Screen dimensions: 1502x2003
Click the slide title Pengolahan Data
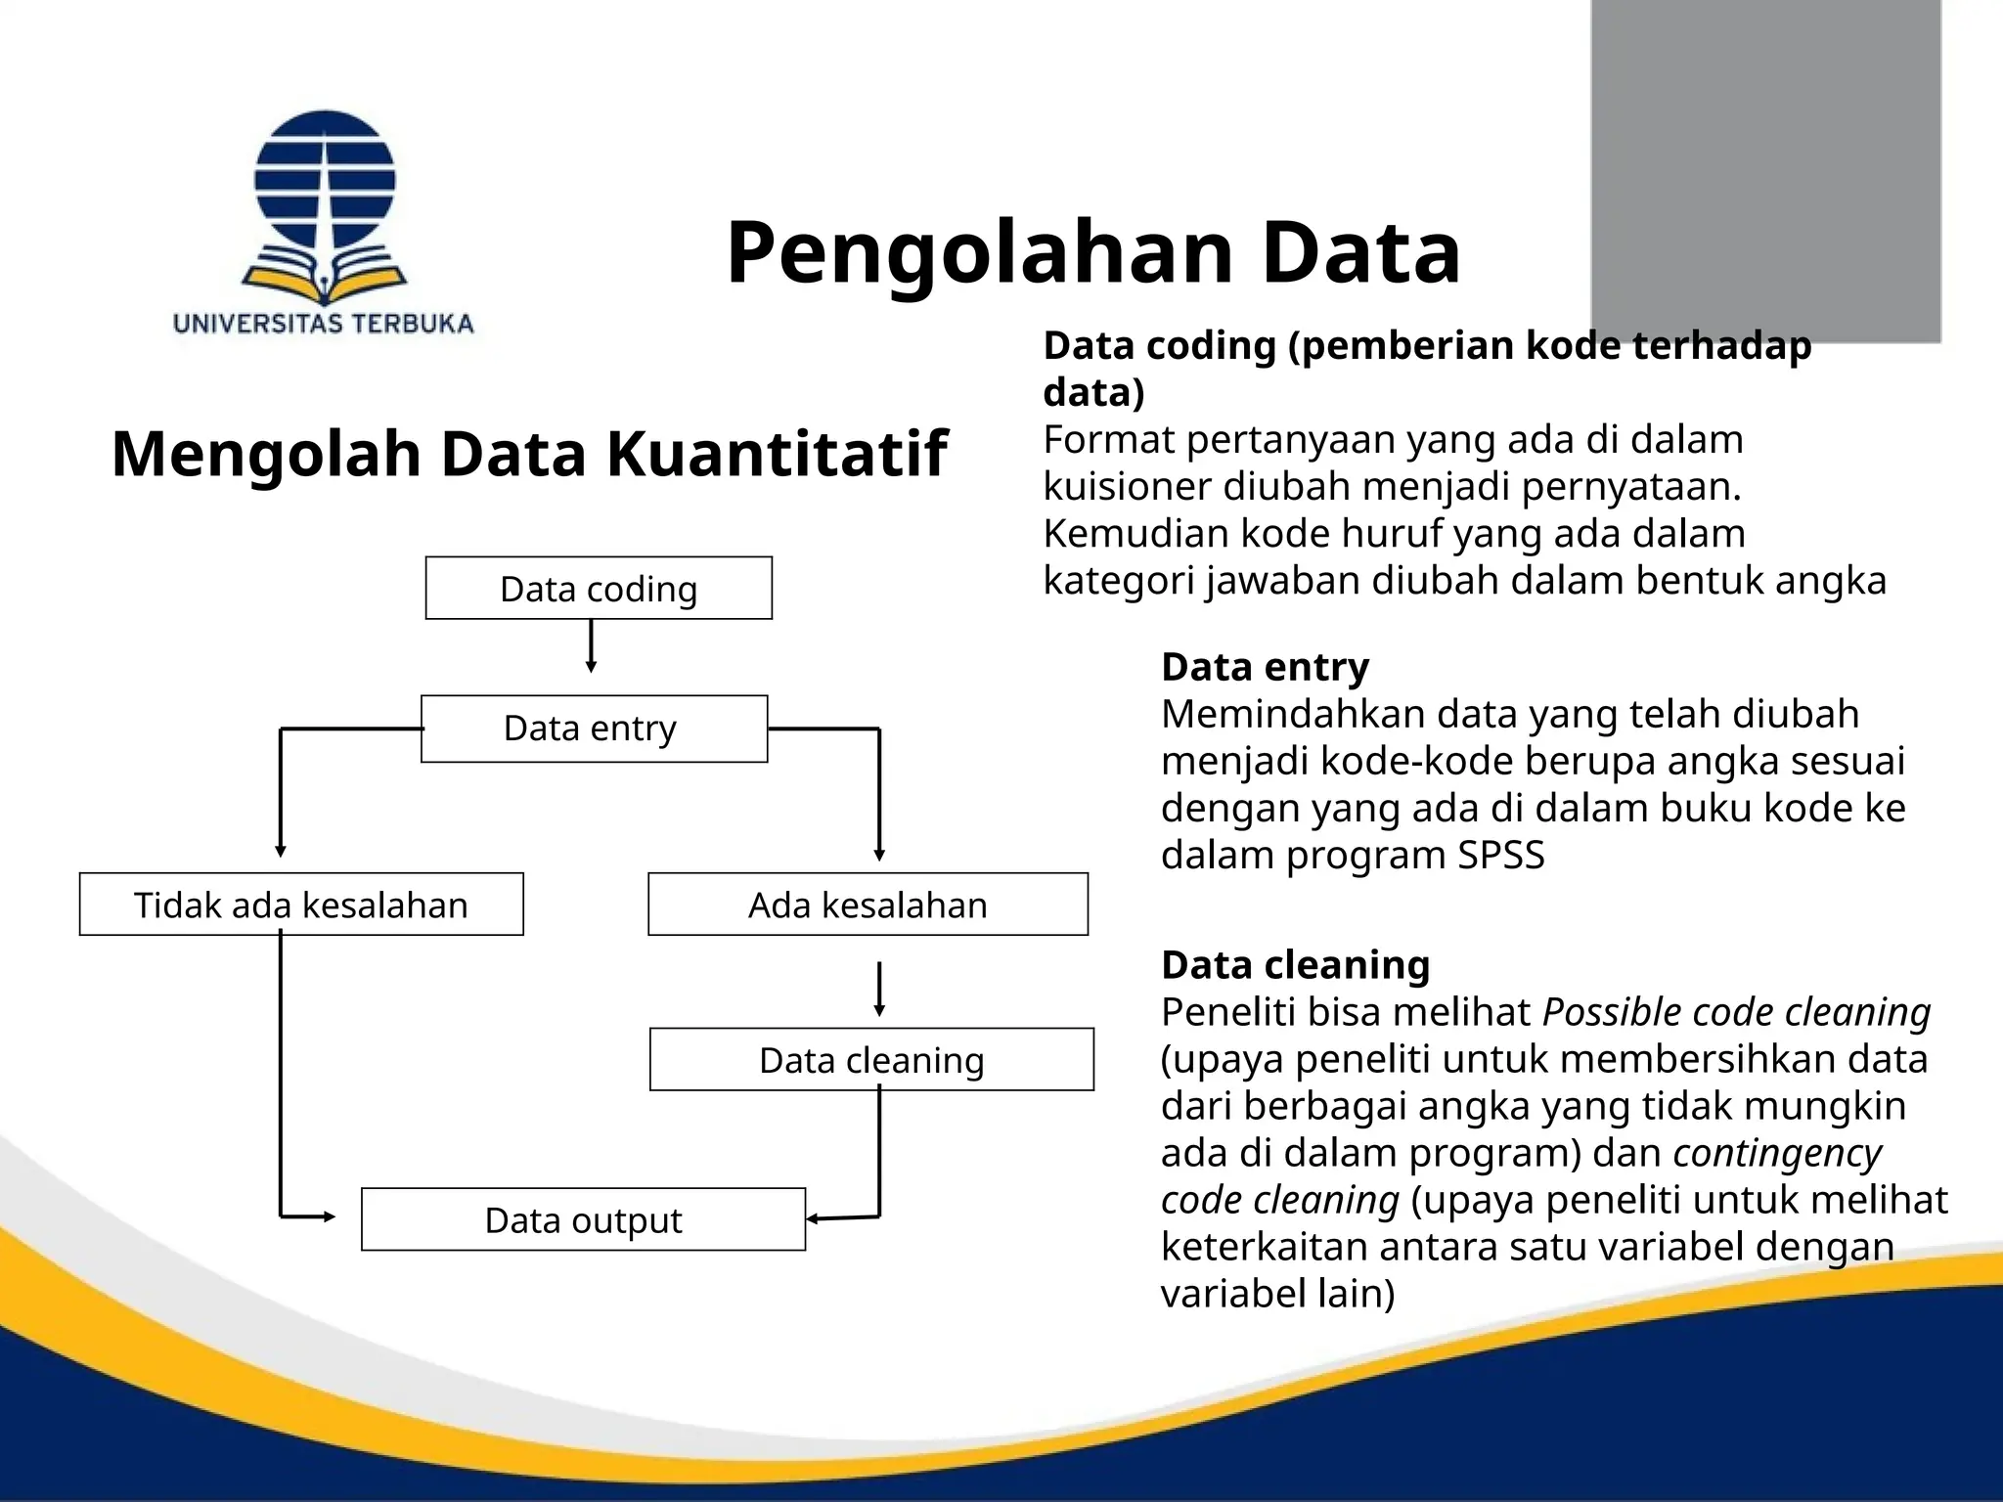[1092, 252]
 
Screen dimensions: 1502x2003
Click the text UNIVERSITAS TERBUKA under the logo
[323, 324]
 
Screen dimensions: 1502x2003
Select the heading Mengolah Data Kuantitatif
[529, 454]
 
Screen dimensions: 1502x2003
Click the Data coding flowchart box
[599, 589]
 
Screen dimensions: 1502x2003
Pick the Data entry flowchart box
[594, 729]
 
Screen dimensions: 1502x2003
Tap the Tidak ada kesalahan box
[301, 905]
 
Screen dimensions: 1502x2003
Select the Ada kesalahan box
[868, 905]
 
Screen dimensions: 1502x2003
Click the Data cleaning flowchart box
[871, 1059]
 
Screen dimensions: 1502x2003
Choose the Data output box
[583, 1219]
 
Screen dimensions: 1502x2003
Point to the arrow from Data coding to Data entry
[591, 646]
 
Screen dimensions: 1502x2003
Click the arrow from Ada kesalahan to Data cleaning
[879, 990]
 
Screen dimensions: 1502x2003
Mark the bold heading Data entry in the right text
[1265, 667]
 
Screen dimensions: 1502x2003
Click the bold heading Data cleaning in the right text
[1295, 965]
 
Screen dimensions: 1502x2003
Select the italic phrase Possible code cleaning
[1736, 1012]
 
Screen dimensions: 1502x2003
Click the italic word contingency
[1777, 1153]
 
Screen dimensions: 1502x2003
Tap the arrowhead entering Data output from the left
[329, 1216]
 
